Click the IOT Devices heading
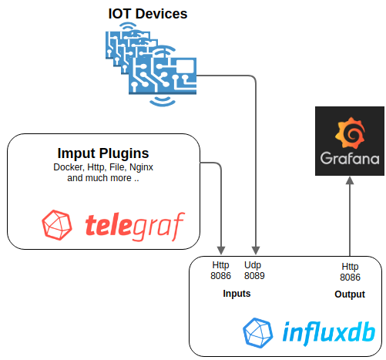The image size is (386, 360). pyautogui.click(x=148, y=14)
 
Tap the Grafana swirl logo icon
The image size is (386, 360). pyautogui.click(x=350, y=133)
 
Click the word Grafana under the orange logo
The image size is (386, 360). pyautogui.click(x=350, y=158)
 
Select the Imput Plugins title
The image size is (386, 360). pyautogui.click(x=103, y=153)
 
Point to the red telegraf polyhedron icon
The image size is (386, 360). pyautogui.click(x=57, y=225)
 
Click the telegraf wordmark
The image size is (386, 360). pyautogui.click(x=135, y=226)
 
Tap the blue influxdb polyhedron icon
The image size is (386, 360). pyautogui.click(x=257, y=333)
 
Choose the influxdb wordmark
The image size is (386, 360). pyautogui.click(x=328, y=333)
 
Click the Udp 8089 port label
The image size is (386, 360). pyautogui.click(x=254, y=271)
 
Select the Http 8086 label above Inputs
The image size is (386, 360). pyautogui.click(x=220, y=271)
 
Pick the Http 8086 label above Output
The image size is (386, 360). pyautogui.click(x=350, y=272)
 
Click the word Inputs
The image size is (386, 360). pyautogui.click(x=237, y=294)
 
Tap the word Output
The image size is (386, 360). pyautogui.click(x=350, y=294)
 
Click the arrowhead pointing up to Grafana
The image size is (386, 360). pyautogui.click(x=350, y=180)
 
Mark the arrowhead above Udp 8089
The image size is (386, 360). pyautogui.click(x=256, y=251)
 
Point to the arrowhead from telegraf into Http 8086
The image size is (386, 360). pyautogui.click(x=221, y=251)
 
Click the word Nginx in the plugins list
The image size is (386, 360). pyautogui.click(x=141, y=167)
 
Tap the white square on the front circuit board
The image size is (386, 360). pyautogui.click(x=184, y=66)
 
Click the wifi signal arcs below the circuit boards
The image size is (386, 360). pyautogui.click(x=163, y=101)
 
